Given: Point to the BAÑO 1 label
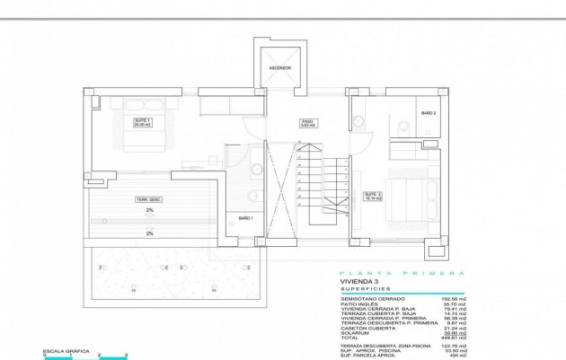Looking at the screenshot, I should (x=245, y=218).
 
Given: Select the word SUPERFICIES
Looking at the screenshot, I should (x=363, y=289).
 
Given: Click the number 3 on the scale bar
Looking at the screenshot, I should (x=128, y=357).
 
